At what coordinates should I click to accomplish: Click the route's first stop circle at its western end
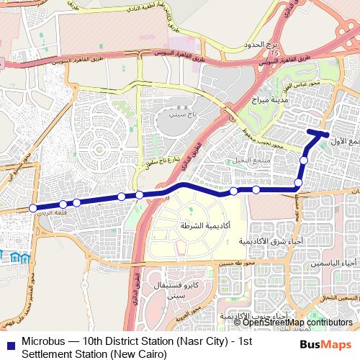coord(32,209)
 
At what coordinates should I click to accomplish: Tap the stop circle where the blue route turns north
coord(298,189)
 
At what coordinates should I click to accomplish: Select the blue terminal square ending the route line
coord(326,134)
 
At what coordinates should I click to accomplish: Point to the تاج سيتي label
coord(176,114)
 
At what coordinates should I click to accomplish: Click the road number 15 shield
coord(273,53)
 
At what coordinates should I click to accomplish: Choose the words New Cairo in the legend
coord(140,354)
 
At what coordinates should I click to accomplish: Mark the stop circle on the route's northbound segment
coord(304,161)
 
